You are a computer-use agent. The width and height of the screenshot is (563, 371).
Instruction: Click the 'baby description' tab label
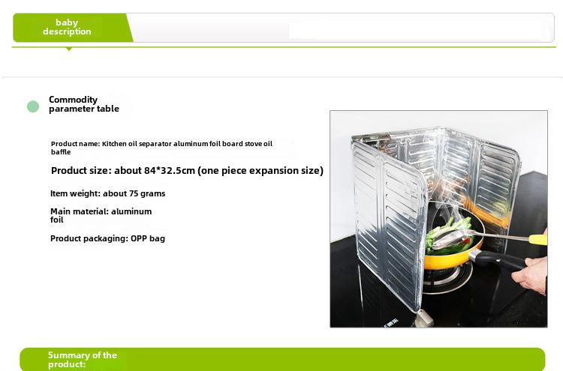[67, 27]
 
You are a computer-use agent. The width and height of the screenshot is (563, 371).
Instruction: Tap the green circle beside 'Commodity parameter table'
[33, 106]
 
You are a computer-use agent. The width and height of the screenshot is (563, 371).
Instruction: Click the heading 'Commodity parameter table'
[84, 104]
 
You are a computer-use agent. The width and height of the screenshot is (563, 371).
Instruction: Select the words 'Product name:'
[75, 144]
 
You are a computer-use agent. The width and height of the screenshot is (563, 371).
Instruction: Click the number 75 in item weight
[134, 193]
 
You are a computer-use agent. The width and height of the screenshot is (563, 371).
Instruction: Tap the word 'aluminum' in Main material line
[131, 211]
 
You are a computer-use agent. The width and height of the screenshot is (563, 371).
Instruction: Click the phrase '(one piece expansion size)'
[260, 171]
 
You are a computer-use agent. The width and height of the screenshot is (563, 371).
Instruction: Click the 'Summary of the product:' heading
[83, 360]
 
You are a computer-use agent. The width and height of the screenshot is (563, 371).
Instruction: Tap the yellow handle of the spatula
[538, 239]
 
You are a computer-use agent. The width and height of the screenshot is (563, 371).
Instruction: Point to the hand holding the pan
[531, 274]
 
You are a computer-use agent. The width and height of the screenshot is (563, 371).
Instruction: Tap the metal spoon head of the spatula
[449, 239]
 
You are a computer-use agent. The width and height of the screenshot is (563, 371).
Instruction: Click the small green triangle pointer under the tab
[69, 49]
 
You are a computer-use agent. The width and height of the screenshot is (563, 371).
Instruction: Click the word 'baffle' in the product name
[61, 152]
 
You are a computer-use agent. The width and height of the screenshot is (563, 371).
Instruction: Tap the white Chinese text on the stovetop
[390, 323]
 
